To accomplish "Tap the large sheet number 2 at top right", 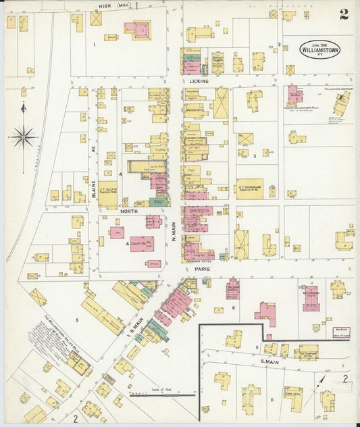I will pos(344,14).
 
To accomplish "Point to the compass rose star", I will pos(24,137).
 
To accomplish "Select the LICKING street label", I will pos(199,81).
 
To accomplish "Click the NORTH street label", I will pos(129,211).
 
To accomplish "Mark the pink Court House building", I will pos(142,244).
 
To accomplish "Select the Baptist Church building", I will pos(217,62).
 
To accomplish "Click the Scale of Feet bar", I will pos(163,393).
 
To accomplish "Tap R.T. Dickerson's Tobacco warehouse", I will pos(249,189).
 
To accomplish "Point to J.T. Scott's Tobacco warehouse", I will pos(107,194).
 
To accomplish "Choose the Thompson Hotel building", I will pos(308,352).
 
